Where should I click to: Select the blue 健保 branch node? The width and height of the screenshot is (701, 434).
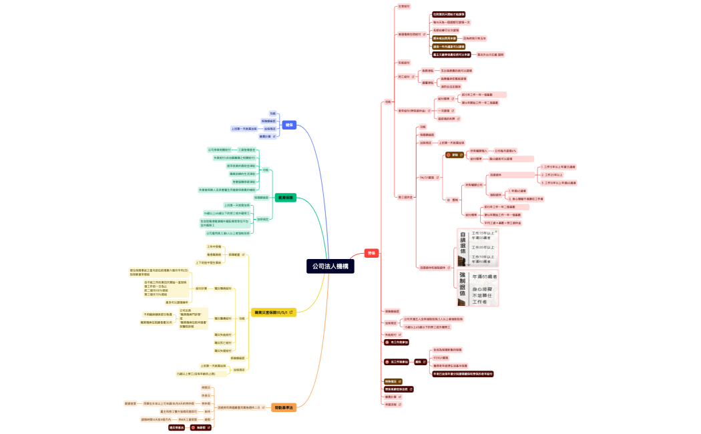[289, 125]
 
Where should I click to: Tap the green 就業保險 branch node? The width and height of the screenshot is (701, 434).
[286, 198]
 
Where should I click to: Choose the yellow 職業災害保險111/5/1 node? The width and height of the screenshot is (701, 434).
[274, 312]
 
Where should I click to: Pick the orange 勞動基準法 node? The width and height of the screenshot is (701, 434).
[284, 407]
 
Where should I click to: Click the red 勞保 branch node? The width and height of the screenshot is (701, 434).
[372, 253]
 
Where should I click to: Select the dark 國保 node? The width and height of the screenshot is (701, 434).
[419, 361]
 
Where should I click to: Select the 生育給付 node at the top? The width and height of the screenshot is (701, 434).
[404, 7]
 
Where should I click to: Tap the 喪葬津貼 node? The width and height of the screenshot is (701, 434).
[427, 70]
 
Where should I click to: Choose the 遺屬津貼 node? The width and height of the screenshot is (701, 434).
[427, 83]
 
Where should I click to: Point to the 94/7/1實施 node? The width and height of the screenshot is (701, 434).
[427, 178]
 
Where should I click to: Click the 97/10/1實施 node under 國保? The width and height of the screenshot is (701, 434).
[441, 357]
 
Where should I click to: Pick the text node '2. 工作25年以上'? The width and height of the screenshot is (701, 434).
[553, 174]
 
